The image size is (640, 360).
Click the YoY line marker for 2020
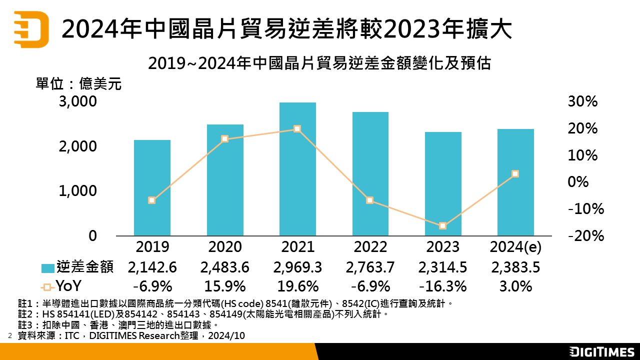[x=224, y=138]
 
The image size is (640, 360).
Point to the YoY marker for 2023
[x=442, y=226]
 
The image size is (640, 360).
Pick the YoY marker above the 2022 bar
[x=370, y=200]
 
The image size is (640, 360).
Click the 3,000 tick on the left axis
[x=77, y=102]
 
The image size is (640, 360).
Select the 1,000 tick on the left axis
[x=77, y=191]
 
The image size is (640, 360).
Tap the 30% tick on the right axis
[x=582, y=102]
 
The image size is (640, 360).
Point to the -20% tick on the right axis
[x=586, y=235]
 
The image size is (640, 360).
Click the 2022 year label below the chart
[x=370, y=247]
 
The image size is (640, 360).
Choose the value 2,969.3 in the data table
[x=297, y=267]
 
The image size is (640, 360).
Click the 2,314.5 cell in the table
[x=443, y=267]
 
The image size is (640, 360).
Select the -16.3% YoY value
[x=443, y=286]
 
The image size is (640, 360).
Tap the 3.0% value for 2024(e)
[x=515, y=286]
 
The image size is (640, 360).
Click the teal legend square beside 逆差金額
[x=47, y=268]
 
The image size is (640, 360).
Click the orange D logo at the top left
[x=31, y=29]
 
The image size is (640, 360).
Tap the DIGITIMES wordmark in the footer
[x=602, y=351]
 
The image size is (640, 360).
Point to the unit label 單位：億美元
[x=78, y=83]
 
